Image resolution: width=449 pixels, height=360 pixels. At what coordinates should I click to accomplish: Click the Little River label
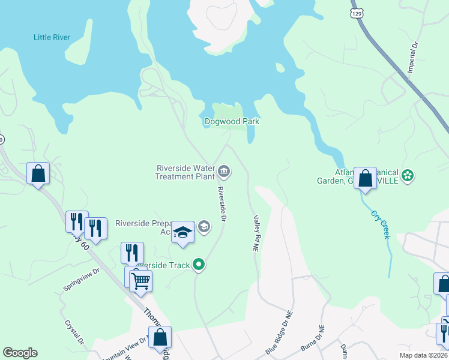tap(52, 37)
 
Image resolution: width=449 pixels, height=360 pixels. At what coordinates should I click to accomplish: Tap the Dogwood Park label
tap(232, 121)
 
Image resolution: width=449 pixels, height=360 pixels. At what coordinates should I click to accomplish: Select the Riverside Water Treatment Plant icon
tap(224, 172)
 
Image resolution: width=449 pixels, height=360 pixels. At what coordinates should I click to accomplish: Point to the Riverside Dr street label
tap(221, 205)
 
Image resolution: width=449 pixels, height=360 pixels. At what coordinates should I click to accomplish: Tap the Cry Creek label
tap(381, 224)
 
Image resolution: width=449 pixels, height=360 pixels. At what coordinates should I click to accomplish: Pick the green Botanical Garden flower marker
tap(408, 175)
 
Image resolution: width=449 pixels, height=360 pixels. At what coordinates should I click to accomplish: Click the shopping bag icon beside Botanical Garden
tap(365, 178)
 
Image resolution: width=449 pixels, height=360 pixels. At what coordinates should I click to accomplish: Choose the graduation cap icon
tap(182, 232)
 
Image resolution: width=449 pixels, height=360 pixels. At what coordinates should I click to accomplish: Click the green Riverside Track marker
tap(199, 265)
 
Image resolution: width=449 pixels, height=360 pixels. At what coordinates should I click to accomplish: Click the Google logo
tap(20, 353)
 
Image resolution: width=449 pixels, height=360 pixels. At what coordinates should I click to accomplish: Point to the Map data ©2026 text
tap(423, 355)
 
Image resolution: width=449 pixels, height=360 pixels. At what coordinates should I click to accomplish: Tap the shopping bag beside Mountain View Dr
tap(160, 337)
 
